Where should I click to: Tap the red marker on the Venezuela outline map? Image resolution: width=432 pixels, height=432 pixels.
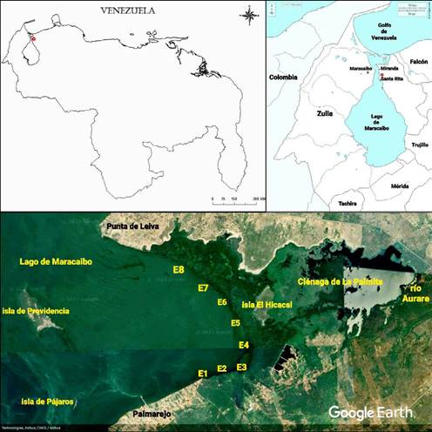[x=33, y=39]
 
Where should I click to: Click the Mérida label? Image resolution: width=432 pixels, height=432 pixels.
[x=400, y=186]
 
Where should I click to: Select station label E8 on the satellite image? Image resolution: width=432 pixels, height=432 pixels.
[x=179, y=271]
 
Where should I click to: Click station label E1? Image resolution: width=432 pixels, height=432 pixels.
[x=203, y=374]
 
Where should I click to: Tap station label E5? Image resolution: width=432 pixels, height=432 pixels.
[x=235, y=324]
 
